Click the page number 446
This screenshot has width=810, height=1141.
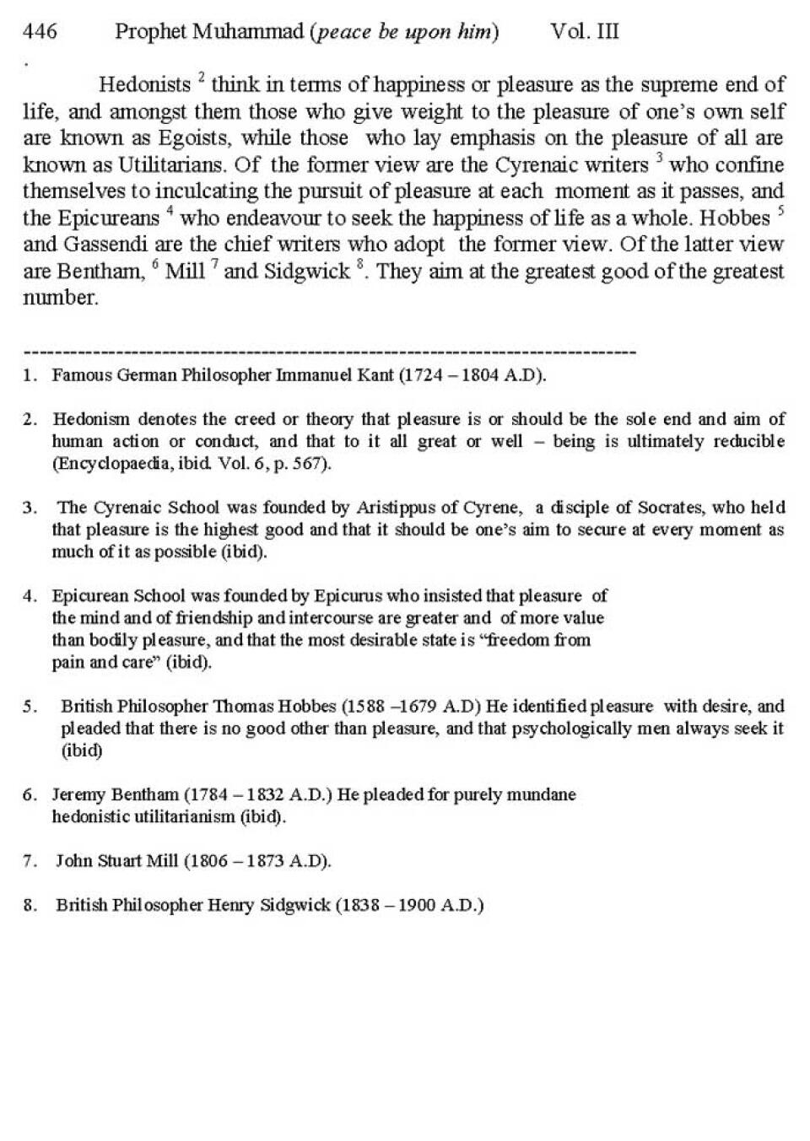[x=40, y=32]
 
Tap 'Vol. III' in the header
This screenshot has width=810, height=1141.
[x=585, y=32]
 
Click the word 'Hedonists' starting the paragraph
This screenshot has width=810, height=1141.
[x=145, y=85]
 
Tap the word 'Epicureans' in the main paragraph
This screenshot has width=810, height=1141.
[x=108, y=218]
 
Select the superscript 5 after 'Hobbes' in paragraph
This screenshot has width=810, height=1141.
[x=781, y=210]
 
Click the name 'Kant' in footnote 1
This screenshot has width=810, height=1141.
[x=375, y=375]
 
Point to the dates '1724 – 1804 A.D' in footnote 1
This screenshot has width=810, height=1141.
[x=472, y=375]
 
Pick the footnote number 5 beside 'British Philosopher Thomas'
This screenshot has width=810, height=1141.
[x=30, y=707]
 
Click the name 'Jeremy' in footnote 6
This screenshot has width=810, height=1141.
[x=78, y=794]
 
